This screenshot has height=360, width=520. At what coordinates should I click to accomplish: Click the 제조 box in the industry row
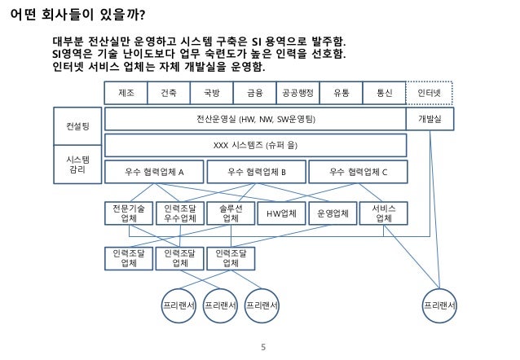[126, 93]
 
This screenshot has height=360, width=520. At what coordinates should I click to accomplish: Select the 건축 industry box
[169, 93]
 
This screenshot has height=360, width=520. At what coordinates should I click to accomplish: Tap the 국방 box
[211, 93]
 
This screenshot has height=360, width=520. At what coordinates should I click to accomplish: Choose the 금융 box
[254, 93]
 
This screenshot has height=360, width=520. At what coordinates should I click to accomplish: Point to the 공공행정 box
[297, 93]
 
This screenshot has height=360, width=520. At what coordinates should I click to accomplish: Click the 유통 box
[341, 93]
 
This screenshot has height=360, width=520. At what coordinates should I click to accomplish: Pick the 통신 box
[384, 93]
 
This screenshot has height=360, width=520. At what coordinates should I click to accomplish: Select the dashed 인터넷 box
[430, 93]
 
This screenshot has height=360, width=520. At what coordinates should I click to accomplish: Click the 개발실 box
[430, 119]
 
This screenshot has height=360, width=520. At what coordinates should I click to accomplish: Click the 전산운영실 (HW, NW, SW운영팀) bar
[255, 119]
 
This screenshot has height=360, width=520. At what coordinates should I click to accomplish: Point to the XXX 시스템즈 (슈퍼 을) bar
[255, 145]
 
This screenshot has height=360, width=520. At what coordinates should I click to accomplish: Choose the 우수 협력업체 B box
[257, 172]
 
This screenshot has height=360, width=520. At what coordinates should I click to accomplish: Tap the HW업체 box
[282, 213]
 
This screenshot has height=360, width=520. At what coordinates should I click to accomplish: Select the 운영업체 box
[333, 213]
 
